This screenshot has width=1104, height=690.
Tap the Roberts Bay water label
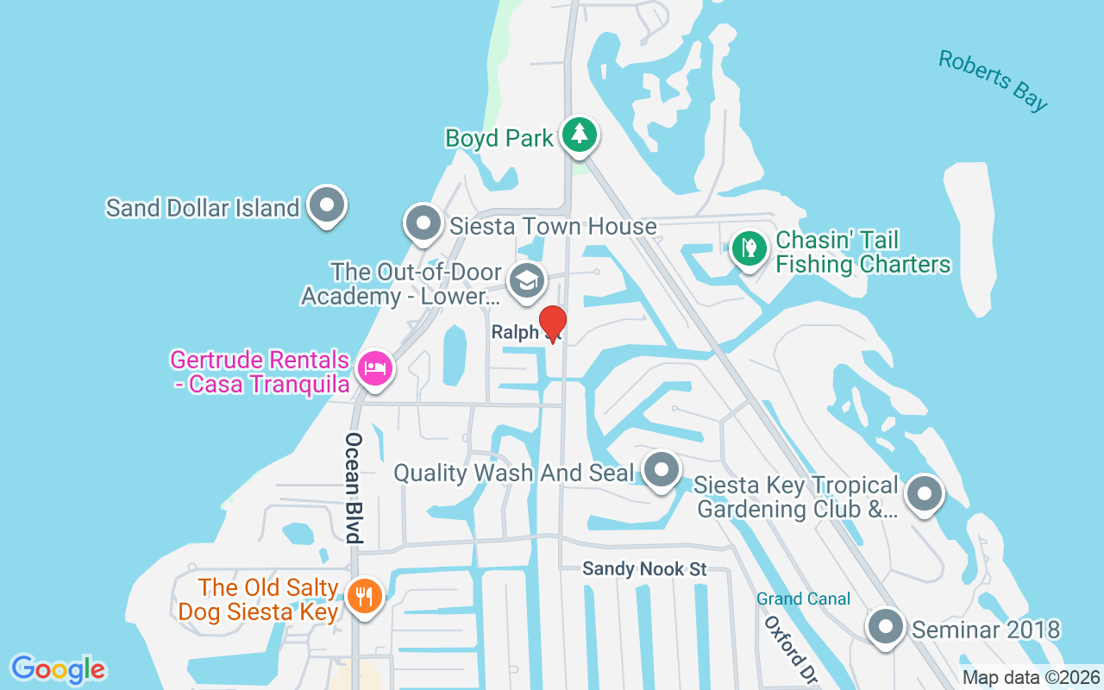coord(993,80)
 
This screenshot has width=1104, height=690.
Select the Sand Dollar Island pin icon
coord(327,206)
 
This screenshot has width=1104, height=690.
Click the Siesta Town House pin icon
coord(423,223)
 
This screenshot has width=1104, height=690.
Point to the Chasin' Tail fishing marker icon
coord(750,248)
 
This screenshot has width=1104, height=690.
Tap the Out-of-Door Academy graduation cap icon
coord(526,280)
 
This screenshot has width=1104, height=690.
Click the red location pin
coord(552,323)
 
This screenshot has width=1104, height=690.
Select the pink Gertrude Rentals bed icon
coord(374,369)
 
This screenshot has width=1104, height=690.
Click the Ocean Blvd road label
coord(353,487)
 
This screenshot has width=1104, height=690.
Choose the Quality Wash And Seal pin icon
coord(662,470)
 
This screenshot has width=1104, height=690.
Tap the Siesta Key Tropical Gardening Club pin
coord(925,494)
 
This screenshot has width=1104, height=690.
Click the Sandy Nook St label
coord(644,569)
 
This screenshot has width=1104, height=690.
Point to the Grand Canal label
coord(804,599)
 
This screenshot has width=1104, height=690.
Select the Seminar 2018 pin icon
coord(886,627)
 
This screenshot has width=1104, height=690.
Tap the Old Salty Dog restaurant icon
coord(364,595)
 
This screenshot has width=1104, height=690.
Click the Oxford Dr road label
coord(790,651)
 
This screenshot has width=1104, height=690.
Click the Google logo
coord(58,669)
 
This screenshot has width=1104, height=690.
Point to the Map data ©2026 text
coord(1032,678)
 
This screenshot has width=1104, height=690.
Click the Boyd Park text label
coord(499,138)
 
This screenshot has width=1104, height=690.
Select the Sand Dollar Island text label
coord(202,208)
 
